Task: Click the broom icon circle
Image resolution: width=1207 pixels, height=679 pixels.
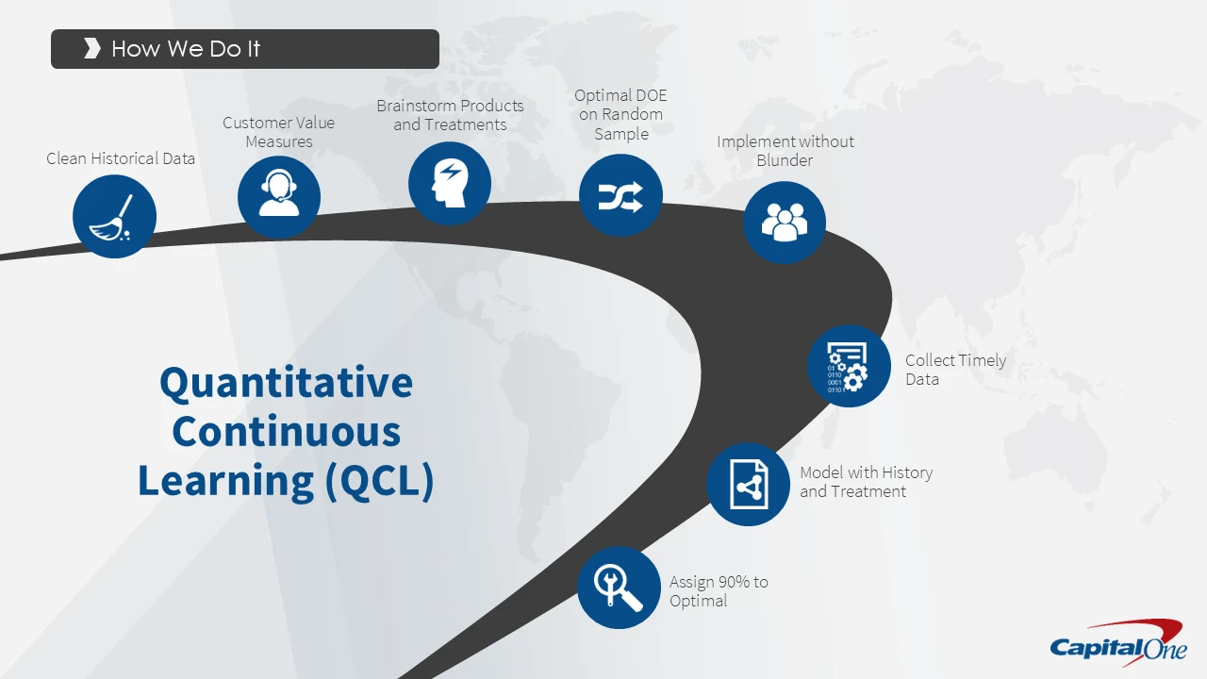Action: click(x=114, y=216)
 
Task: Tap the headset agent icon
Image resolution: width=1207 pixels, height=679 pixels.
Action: click(x=278, y=197)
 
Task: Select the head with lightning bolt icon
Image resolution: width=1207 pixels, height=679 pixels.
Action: click(x=450, y=183)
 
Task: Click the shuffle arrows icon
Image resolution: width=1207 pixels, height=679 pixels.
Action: click(x=620, y=195)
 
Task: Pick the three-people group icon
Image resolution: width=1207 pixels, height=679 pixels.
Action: click(x=785, y=222)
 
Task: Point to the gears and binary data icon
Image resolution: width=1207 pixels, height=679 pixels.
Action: click(x=849, y=366)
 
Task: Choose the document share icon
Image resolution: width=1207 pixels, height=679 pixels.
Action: click(x=748, y=484)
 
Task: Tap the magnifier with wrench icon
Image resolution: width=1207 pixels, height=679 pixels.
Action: click(x=619, y=588)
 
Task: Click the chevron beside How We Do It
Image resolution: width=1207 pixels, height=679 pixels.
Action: click(x=92, y=48)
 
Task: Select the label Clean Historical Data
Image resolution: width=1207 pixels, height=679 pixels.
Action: click(x=121, y=158)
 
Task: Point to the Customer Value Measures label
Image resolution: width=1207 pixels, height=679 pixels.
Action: click(x=278, y=132)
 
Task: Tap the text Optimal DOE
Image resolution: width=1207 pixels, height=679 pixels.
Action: click(x=620, y=95)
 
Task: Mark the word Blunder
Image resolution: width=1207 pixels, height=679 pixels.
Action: click(x=785, y=160)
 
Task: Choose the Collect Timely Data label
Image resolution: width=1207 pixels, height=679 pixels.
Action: click(x=956, y=370)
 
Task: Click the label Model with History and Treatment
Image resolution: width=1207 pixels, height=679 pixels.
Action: click(x=867, y=482)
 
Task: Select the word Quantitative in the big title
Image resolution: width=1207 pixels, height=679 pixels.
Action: click(x=286, y=383)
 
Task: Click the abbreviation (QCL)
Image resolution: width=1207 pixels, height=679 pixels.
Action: click(x=379, y=480)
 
